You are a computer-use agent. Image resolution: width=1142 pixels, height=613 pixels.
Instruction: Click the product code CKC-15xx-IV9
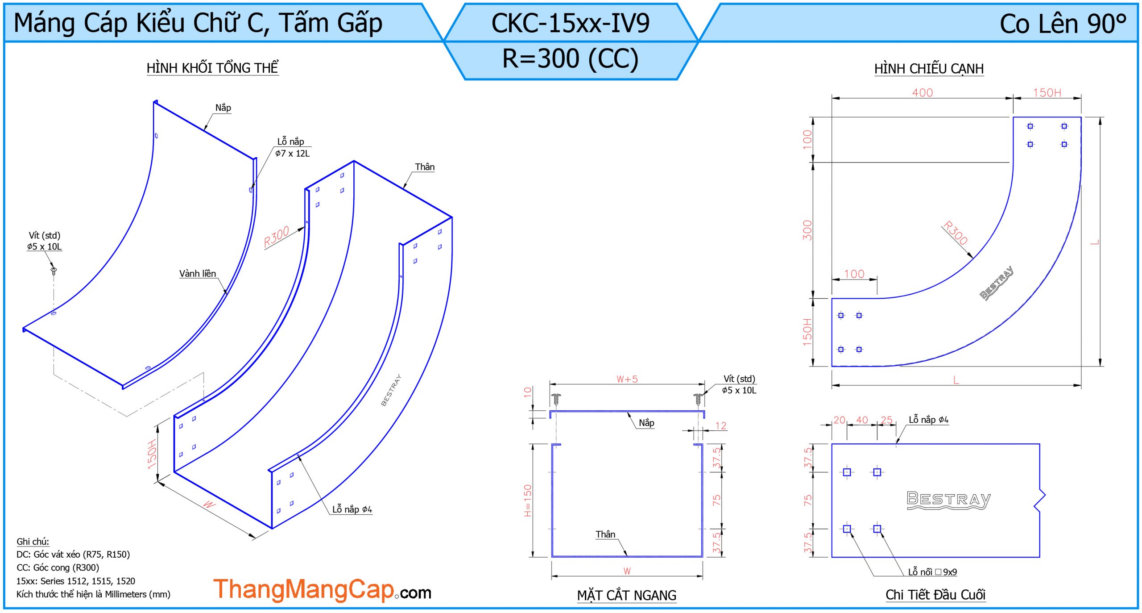click(x=570, y=23)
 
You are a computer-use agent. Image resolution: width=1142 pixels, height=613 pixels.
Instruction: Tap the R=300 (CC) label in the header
click(x=570, y=59)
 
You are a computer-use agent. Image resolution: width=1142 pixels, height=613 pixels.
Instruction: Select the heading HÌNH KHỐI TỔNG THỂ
click(x=212, y=68)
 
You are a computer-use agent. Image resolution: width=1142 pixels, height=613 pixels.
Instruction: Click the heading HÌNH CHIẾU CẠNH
click(x=929, y=69)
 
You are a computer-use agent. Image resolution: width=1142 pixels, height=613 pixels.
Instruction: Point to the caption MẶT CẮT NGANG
click(x=626, y=595)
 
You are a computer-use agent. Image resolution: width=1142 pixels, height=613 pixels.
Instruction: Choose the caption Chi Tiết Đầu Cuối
click(x=935, y=595)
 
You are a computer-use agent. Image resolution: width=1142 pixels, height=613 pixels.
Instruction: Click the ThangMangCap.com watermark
click(x=322, y=590)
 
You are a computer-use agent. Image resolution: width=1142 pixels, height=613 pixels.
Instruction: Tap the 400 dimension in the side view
click(x=922, y=92)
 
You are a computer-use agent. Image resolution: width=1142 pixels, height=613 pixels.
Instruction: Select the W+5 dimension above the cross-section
click(x=627, y=379)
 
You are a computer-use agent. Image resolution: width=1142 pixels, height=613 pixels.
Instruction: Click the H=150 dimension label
click(x=528, y=500)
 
